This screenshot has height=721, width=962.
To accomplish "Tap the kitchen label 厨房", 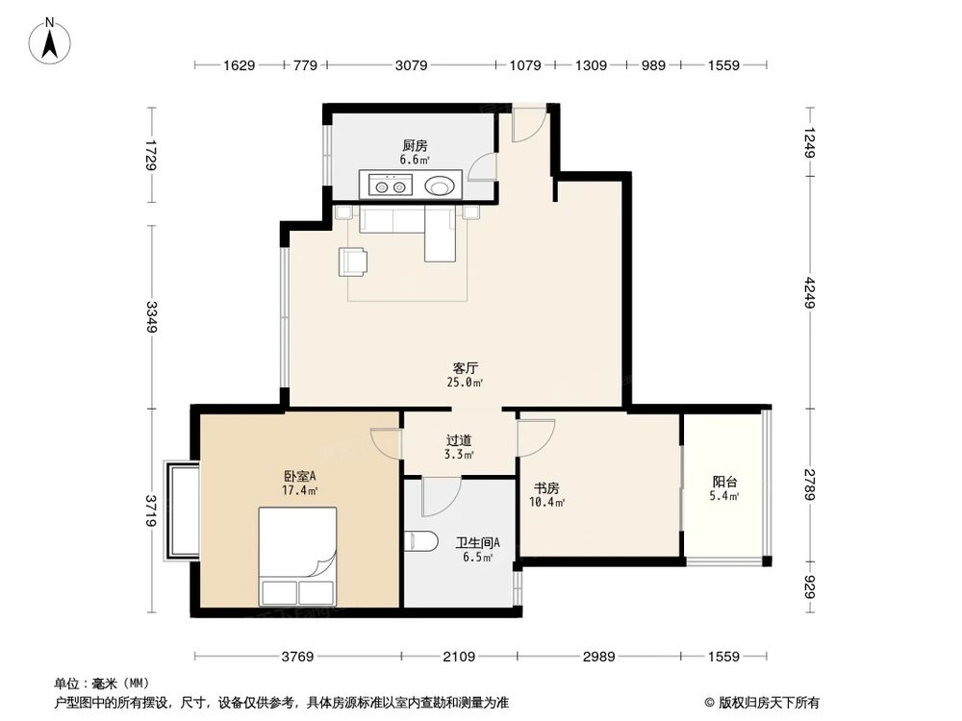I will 415,145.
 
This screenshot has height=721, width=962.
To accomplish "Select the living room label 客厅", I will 467,367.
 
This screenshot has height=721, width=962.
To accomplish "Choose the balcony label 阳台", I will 725,482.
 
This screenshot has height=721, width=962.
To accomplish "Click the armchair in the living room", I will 352,261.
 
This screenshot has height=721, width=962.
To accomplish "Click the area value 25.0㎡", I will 467,382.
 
